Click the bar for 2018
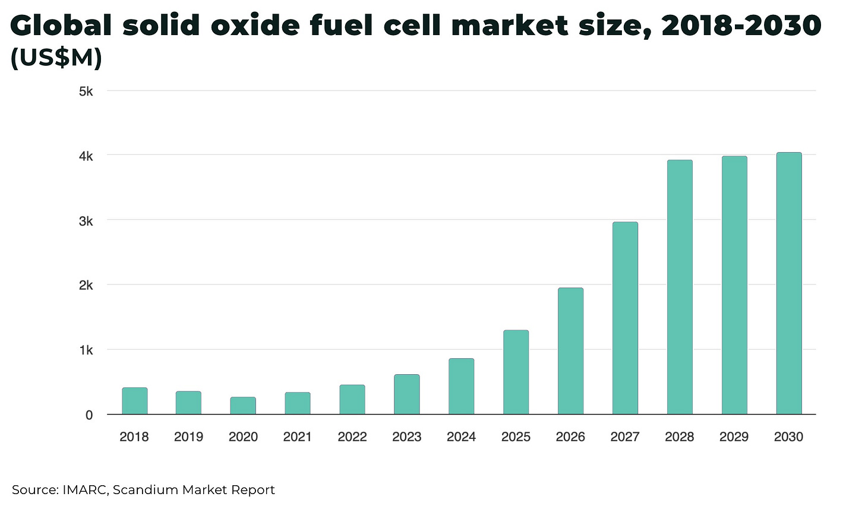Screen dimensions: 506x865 pos(135,401)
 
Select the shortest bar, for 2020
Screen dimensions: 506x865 pos(243,406)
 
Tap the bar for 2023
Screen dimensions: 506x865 pos(407,394)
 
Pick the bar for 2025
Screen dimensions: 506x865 pos(516,372)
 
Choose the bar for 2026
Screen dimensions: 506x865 pos(570,351)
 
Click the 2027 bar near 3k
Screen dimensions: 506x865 pos(625,318)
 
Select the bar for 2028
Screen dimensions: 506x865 pos(680,287)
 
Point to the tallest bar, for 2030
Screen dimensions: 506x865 pos(789,283)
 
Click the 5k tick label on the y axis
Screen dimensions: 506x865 pos(86,91)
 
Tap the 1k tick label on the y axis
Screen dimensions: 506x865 pos(86,350)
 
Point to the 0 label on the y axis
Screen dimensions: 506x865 pos(89,415)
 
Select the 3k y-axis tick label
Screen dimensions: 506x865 pos(86,221)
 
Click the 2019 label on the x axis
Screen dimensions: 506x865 pos(188,437)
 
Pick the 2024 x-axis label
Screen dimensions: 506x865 pos(461,437)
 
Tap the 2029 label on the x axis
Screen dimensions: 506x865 pos(734,437)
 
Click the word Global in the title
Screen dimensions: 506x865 pos(61,26)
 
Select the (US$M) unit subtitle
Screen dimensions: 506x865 pos(56,58)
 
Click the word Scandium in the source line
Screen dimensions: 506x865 pos(145,490)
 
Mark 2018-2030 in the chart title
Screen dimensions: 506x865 pos(741,26)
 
